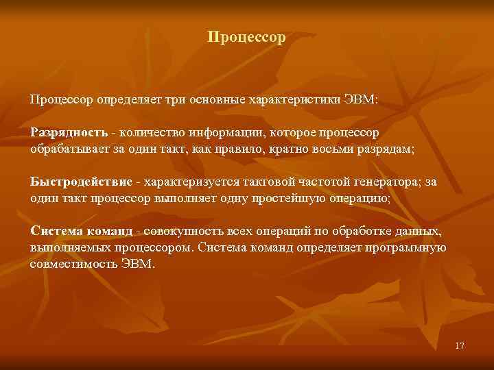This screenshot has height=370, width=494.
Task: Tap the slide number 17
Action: click(x=459, y=346)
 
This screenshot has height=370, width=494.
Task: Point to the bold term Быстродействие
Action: click(x=82, y=181)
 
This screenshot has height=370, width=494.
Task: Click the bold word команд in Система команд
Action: click(x=109, y=231)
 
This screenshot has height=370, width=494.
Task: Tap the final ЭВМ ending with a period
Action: click(x=140, y=263)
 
